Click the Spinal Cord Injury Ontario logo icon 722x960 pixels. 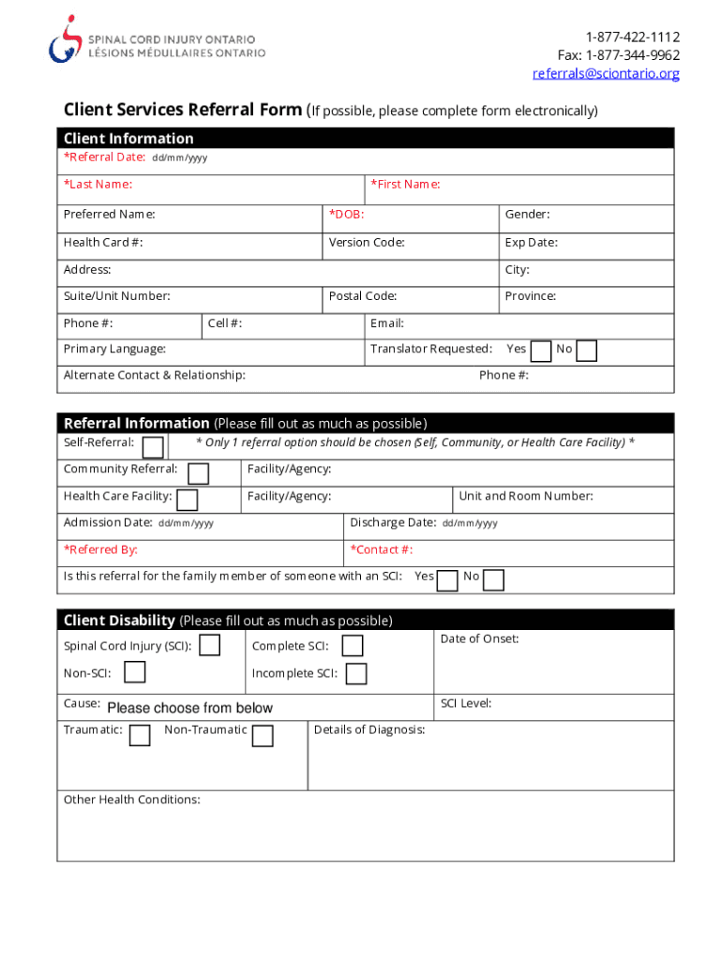pos(65,38)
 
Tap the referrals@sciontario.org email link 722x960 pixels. pos(606,73)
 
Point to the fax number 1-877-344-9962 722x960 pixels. pos(619,55)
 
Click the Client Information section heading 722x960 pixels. pos(128,139)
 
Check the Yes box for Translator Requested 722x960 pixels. pos(541,351)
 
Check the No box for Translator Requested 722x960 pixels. pos(586,351)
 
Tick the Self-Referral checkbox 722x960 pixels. pos(154,446)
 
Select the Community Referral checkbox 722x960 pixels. pos(199,472)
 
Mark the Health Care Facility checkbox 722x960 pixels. pos(188,500)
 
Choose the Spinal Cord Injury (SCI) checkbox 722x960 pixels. pos(211,645)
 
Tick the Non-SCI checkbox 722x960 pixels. pos(136,672)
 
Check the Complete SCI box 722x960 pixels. pos(353,646)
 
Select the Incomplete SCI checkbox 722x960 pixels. pos(356,673)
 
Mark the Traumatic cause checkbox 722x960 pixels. pos(140,734)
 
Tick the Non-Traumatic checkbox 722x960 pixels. pos(263,735)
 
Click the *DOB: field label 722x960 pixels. pos(346,215)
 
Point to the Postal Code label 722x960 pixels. pos(363,296)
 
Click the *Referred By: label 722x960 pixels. pos(100,550)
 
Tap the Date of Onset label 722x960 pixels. pos(479,639)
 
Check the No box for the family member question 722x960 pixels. pos(493,580)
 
